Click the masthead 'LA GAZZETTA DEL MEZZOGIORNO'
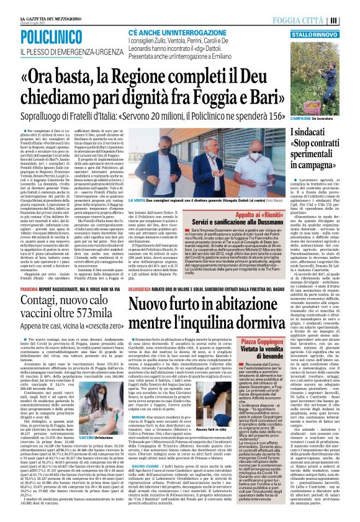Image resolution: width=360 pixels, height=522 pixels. coord(31,6)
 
